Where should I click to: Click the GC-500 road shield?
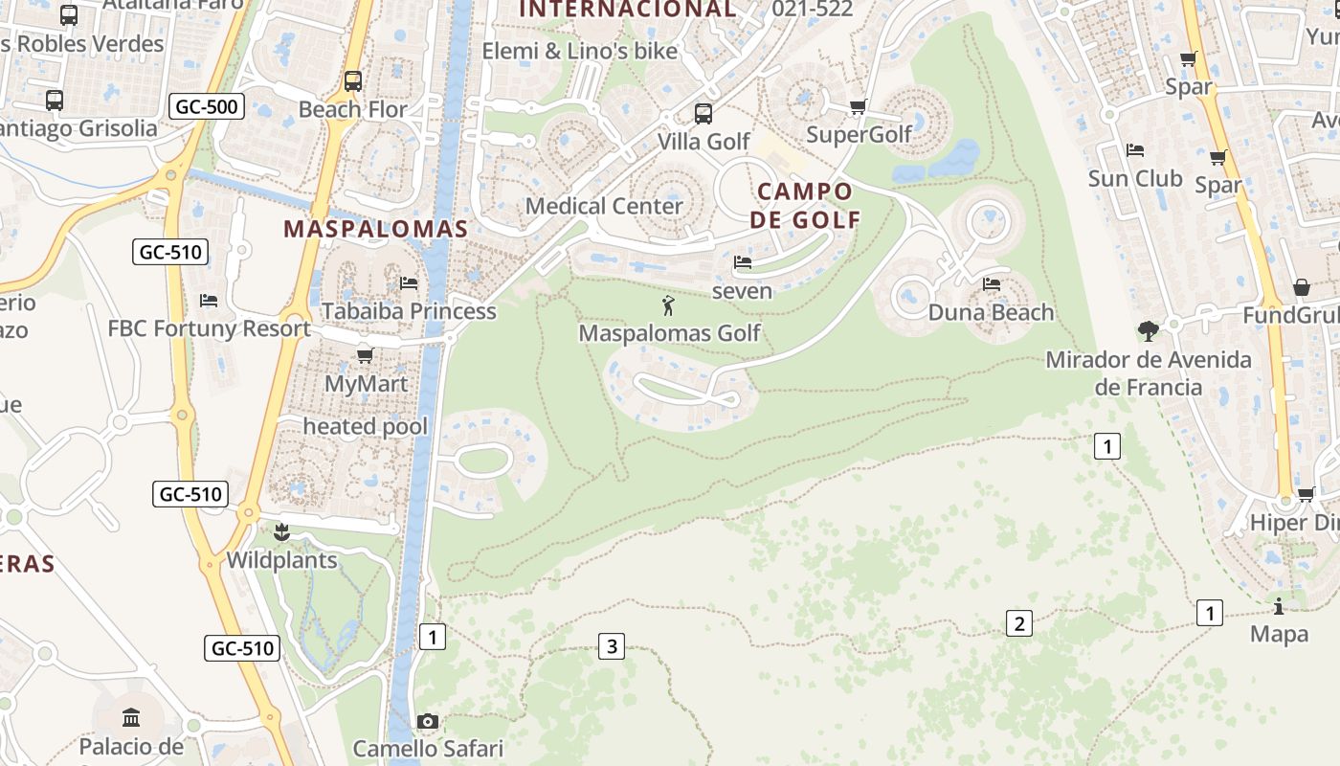207,106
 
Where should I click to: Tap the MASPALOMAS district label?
376,229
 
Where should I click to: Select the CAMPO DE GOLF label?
805,205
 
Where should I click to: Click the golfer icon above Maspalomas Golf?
669,306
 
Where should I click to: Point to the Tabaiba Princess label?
409,311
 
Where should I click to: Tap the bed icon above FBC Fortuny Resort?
209,301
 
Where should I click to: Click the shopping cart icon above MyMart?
365,356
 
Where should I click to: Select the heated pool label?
366,427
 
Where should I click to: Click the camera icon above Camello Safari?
428,721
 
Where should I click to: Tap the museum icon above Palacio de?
131,717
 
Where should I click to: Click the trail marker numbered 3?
611,646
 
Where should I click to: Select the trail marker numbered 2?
1019,624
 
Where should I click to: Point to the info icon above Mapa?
1279,606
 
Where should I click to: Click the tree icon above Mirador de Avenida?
1148,331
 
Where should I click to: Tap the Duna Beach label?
991,312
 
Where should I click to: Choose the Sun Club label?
1135,178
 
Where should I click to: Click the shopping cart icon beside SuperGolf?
858,106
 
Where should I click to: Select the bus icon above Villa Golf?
703,114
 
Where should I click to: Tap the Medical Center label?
605,206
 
